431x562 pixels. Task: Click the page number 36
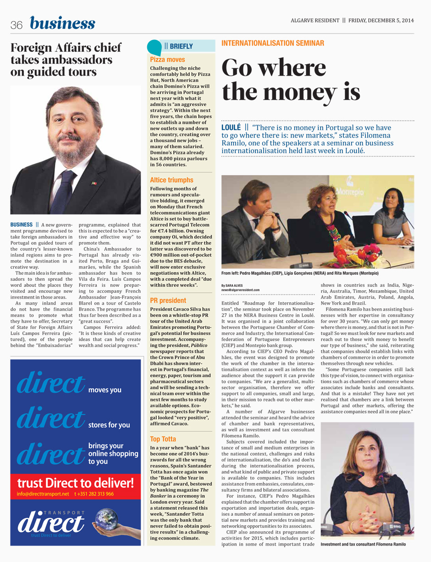pyautogui.click(x=17, y=26)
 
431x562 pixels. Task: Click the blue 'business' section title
pyautogui.click(x=63, y=23)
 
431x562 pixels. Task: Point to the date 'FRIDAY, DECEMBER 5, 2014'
pyautogui.click(x=381, y=20)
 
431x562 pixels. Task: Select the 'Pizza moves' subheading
pyautogui.click(x=168, y=60)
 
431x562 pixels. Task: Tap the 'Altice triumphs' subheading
pyautogui.click(x=172, y=180)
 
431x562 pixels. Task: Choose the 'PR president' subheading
pyautogui.click(x=168, y=301)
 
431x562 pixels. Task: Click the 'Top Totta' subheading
pyautogui.click(x=163, y=439)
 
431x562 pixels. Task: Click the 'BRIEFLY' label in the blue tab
pyautogui.click(x=181, y=46)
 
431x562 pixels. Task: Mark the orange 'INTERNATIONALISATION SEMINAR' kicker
pyautogui.click(x=273, y=43)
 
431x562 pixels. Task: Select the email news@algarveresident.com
pyautogui.click(x=240, y=290)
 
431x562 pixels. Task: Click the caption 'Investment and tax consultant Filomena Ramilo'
pyautogui.click(x=363, y=544)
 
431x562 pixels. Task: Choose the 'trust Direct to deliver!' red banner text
pyautogui.click(x=75, y=483)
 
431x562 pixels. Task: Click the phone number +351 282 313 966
pyautogui.click(x=94, y=494)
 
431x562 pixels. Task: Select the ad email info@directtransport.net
pyautogui.click(x=43, y=494)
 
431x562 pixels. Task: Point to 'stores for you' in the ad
pyautogui.click(x=109, y=425)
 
